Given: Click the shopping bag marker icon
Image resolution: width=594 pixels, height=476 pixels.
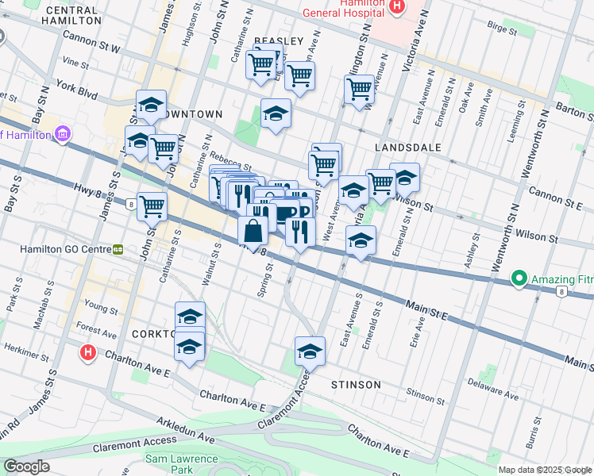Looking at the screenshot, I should [x=253, y=232].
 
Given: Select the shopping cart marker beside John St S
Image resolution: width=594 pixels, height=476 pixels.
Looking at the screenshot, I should [x=152, y=206].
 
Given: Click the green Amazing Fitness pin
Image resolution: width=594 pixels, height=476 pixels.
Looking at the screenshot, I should [x=519, y=278].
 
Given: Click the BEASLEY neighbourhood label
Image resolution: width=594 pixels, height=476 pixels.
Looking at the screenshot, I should [x=279, y=41].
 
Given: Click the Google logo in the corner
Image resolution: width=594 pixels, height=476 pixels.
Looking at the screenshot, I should [x=26, y=466].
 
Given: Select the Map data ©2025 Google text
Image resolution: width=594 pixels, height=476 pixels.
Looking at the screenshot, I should [x=545, y=470].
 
